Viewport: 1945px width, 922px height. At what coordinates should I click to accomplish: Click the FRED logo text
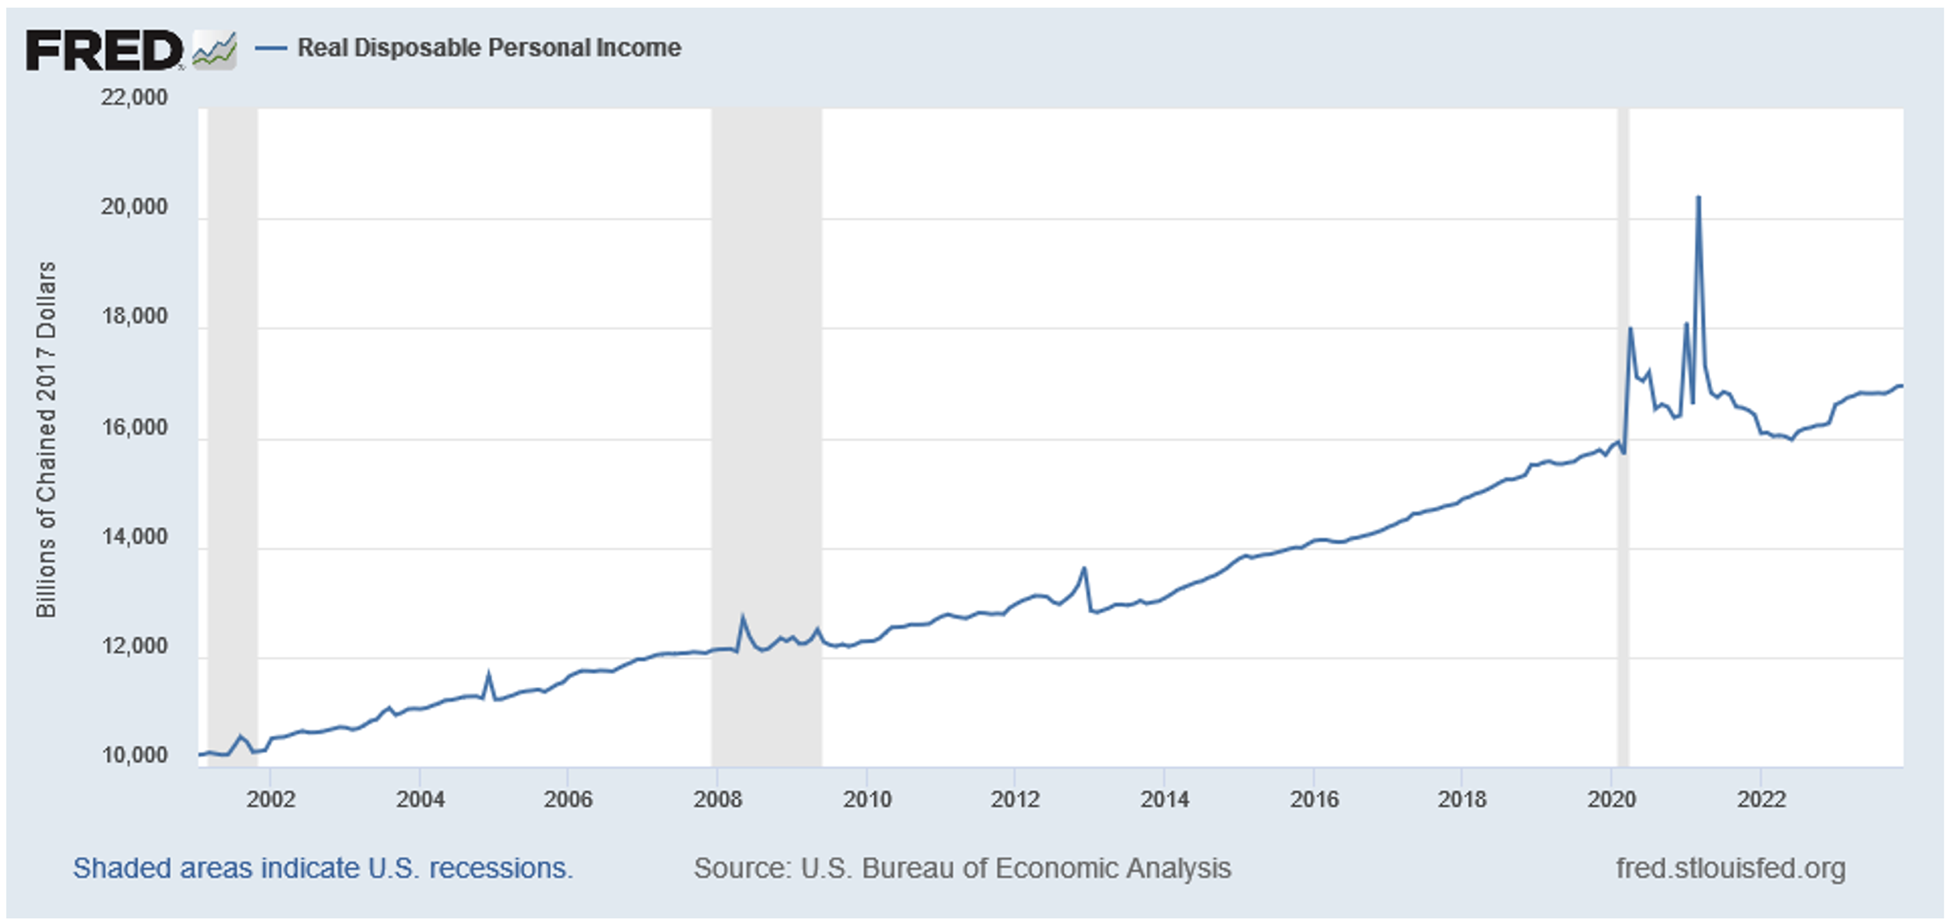click(103, 51)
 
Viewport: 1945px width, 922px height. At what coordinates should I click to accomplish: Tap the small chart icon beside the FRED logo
click(215, 51)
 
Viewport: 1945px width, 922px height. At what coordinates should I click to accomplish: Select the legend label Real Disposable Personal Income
click(489, 48)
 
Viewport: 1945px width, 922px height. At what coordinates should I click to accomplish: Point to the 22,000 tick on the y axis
click(135, 98)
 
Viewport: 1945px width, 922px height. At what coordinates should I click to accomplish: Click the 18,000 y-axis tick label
click(135, 316)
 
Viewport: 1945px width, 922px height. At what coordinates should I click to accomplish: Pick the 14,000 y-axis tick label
click(135, 537)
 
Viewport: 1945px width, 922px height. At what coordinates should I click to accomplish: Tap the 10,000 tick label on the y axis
click(135, 755)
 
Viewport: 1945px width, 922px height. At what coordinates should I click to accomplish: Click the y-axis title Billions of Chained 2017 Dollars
click(46, 439)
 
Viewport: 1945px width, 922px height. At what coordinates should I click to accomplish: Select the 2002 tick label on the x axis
click(271, 799)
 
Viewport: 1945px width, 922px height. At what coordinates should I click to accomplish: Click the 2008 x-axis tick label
click(718, 799)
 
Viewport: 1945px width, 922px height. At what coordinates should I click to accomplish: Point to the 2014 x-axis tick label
click(1165, 799)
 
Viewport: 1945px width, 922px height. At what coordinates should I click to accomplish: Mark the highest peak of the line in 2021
click(1698, 198)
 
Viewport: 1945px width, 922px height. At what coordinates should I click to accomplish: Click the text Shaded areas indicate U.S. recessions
click(323, 869)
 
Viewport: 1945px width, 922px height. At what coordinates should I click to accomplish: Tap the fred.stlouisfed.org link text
click(1730, 869)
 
